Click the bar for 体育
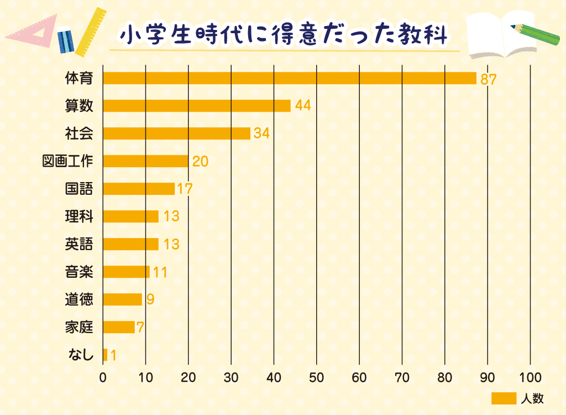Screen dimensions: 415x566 point(290,78)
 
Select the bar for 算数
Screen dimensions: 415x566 point(197,106)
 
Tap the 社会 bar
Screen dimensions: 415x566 point(177,133)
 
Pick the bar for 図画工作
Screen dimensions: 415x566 point(146,161)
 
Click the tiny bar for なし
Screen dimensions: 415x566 point(105,355)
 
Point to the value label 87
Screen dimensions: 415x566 point(489,79)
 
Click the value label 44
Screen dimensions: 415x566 point(303,106)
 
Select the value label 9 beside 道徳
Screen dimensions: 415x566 point(150,299)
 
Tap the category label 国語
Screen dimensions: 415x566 point(79,189)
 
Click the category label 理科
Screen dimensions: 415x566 point(79,216)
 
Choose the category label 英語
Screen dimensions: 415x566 point(79,244)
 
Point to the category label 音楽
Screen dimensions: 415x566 point(79,272)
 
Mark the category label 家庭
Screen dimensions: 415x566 point(79,327)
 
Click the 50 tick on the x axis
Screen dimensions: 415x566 point(317,378)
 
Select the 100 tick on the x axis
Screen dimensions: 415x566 point(531,378)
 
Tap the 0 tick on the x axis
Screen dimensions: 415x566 point(103,378)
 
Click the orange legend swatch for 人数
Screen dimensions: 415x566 point(504,398)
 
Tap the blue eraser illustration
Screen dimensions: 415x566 point(66,39)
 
